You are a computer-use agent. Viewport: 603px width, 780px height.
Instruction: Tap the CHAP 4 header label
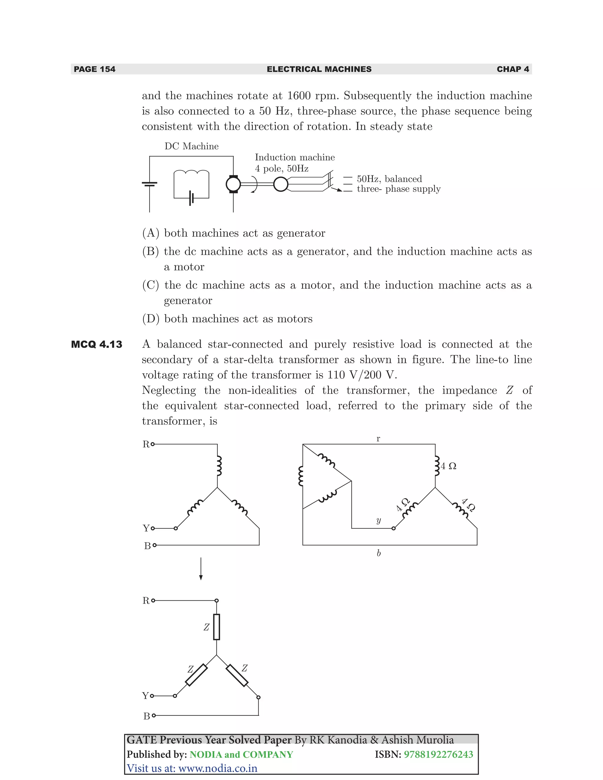pyautogui.click(x=513, y=69)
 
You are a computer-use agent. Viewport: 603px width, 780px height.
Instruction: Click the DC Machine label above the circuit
pyautogui.click(x=191, y=146)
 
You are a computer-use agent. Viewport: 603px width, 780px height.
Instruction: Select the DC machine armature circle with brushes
pyautogui.click(x=233, y=184)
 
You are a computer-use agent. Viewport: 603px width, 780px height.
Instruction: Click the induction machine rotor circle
pyautogui.click(x=281, y=184)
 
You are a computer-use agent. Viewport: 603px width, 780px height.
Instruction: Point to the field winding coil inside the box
pyautogui.click(x=191, y=174)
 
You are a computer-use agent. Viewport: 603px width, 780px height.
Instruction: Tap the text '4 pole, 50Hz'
pyautogui.click(x=281, y=169)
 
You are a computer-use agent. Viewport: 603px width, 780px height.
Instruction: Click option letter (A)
pyautogui.click(x=150, y=233)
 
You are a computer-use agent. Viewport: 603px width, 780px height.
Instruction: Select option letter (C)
pyautogui.click(x=150, y=285)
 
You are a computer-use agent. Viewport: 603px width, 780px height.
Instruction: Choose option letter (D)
pyautogui.click(x=150, y=318)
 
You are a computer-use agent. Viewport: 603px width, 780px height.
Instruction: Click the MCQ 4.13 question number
pyautogui.click(x=97, y=344)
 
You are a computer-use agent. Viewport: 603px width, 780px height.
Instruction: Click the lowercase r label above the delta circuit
pyautogui.click(x=378, y=439)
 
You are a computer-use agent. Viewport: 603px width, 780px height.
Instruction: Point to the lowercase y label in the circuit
pyautogui.click(x=379, y=520)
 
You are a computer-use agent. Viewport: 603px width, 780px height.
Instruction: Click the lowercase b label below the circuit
pyautogui.click(x=379, y=553)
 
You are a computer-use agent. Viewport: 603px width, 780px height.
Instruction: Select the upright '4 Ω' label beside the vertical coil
pyautogui.click(x=448, y=466)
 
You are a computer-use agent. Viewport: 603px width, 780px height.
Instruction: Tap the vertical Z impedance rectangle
pyautogui.click(x=216, y=627)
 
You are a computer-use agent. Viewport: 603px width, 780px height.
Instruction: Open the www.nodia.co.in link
pyautogui.click(x=218, y=768)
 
